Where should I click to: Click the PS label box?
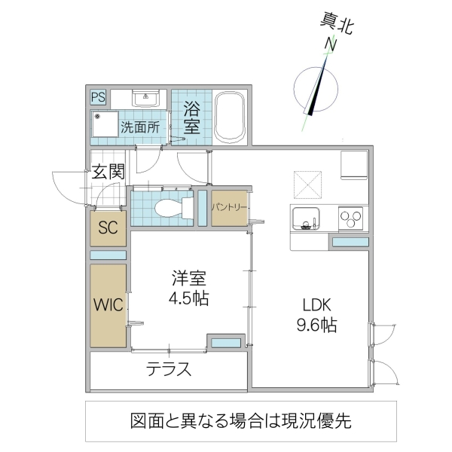click(x=98, y=97)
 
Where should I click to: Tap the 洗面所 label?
click(x=140, y=127)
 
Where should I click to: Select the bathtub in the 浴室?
click(x=229, y=118)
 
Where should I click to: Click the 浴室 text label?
click(x=191, y=118)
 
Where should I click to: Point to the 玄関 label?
click(x=108, y=172)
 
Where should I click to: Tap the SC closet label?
click(x=108, y=229)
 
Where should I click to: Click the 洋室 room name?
click(x=188, y=277)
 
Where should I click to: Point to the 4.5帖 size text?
click(x=188, y=298)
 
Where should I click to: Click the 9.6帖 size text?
click(x=317, y=325)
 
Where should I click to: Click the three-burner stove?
click(x=351, y=218)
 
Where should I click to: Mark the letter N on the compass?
click(x=329, y=45)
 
